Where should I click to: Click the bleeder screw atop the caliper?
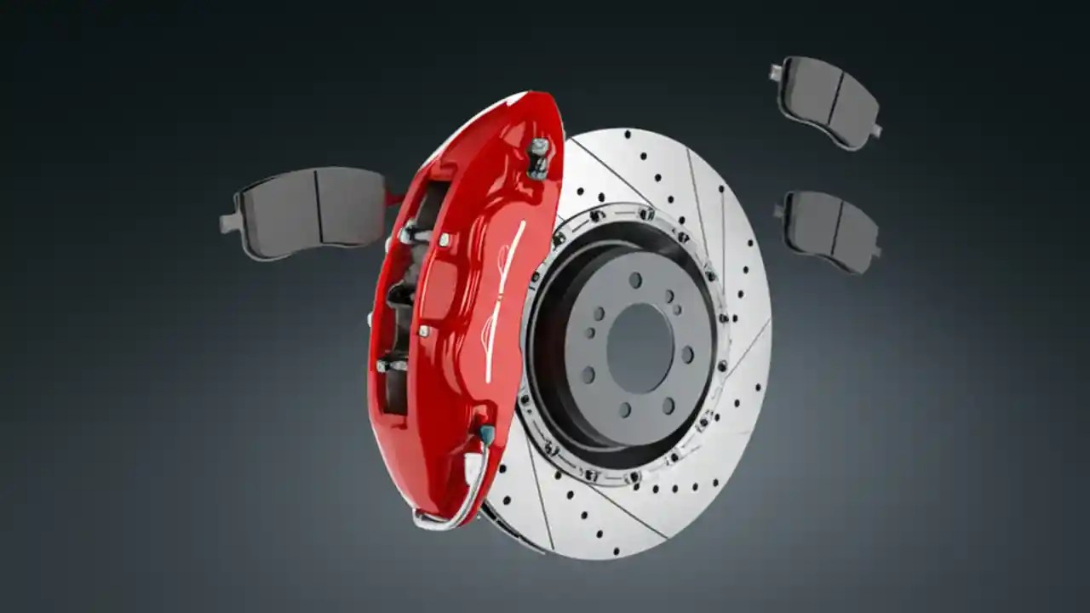point(538,158)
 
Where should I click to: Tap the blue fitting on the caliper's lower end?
point(486,434)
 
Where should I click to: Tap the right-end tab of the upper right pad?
point(876,130)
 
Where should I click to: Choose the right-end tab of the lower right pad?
point(876,252)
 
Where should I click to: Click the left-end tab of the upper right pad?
point(776,73)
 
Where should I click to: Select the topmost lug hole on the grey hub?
point(635,279)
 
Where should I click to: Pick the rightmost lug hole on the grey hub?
point(688,354)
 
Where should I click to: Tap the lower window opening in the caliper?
point(397,375)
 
